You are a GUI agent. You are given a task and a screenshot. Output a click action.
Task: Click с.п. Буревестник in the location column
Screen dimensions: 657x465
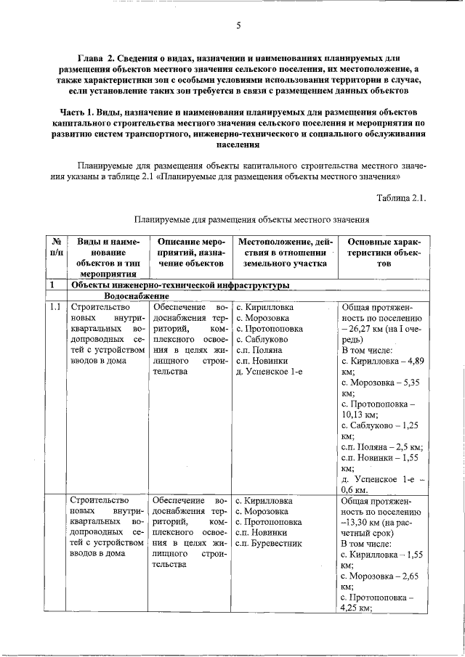(268, 542)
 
